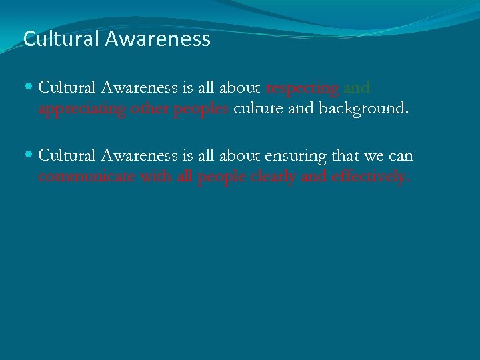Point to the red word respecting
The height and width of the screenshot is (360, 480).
coord(302,89)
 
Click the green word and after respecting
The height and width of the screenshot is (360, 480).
coord(357,88)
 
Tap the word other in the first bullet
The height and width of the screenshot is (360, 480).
coord(149,109)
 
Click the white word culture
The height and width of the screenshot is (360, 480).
coord(257,109)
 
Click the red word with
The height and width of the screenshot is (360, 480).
coord(148,177)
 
